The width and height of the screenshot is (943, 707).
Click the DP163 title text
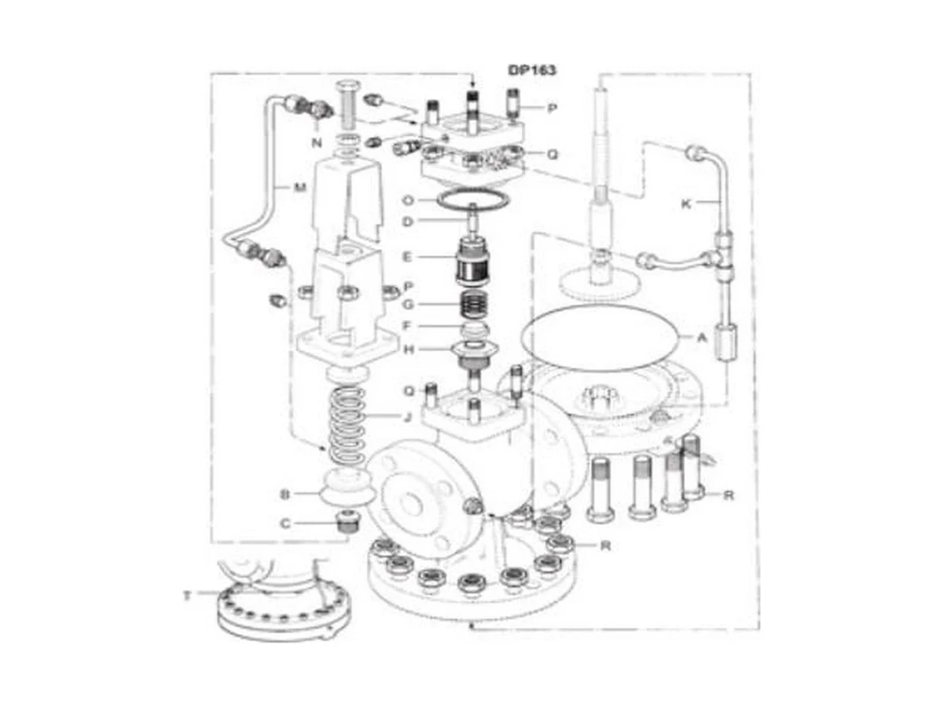tap(532, 70)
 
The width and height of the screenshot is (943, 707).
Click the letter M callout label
tap(300, 187)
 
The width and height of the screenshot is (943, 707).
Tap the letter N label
tap(317, 143)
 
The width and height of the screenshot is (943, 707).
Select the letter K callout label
tap(686, 204)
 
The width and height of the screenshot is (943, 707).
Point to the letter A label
tap(701, 339)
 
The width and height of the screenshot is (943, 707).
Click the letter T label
tap(187, 595)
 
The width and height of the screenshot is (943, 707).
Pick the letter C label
tap(285, 524)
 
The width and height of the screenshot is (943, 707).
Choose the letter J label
tap(408, 416)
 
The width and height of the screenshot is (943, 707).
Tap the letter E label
tap(407, 257)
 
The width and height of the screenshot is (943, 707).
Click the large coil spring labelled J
tap(347, 426)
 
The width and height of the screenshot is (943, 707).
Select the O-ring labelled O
tap(472, 200)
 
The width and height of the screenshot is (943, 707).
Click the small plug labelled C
tap(347, 522)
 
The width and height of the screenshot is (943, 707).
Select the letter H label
tap(408, 350)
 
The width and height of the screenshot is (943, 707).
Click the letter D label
tap(407, 222)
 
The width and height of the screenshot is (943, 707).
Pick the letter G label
tap(408, 304)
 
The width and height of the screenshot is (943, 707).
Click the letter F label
tap(407, 326)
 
